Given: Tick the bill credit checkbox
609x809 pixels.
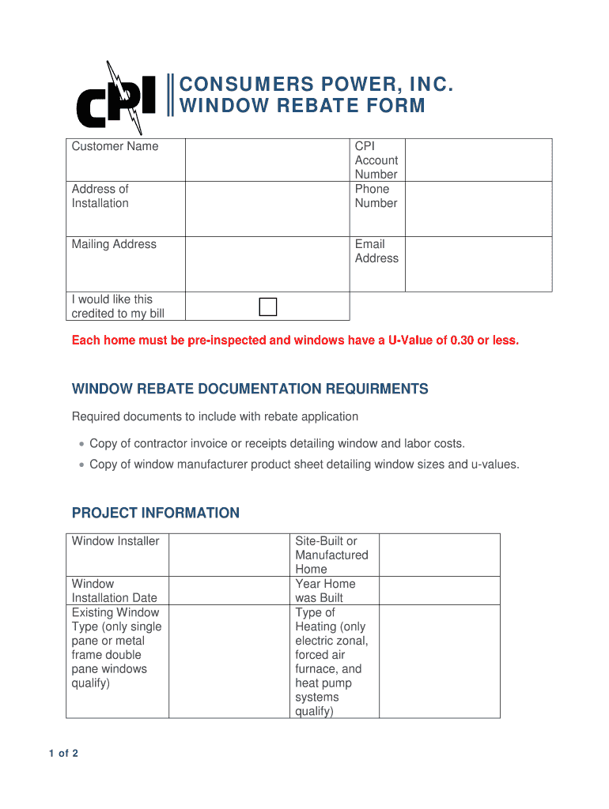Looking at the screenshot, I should [269, 307].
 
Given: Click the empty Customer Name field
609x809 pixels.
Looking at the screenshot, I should [267, 160].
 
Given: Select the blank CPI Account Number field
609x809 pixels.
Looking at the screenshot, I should [478, 160].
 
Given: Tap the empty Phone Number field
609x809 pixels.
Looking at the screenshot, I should [478, 209].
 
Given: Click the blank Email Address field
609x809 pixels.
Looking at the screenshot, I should [478, 264].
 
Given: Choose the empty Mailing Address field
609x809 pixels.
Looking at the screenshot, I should [267, 264].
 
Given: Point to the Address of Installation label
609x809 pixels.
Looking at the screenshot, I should [100, 196].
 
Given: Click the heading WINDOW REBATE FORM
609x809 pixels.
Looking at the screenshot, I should [303, 106].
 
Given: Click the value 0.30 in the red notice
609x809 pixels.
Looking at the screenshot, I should [462, 341].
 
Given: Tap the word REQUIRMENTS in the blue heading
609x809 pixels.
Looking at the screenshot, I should [374, 389].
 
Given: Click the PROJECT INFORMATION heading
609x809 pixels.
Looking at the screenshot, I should [156, 513].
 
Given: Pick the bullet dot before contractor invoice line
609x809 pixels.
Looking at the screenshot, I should [81, 444].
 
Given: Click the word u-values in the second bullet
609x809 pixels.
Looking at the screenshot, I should [494, 465].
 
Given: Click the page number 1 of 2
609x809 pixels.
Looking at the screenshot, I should [63, 753].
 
